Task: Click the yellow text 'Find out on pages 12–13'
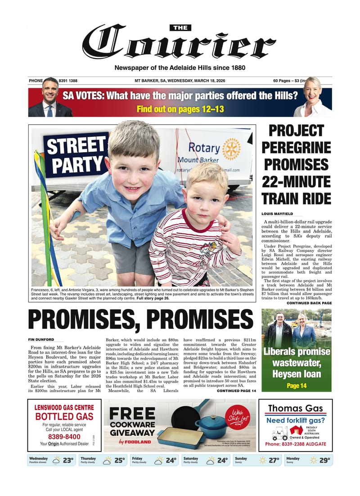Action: pos(180,109)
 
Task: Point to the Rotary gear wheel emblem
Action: pos(231,149)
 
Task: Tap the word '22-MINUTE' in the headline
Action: pos(297,181)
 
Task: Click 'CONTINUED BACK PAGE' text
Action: pos(309,303)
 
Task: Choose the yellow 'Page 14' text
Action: pos(297,386)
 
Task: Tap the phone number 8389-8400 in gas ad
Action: pos(64,437)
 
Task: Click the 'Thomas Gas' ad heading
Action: pos(296,409)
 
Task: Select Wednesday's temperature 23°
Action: pos(68,460)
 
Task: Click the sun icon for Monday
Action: pos(313,460)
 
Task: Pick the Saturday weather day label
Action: pos(191,458)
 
